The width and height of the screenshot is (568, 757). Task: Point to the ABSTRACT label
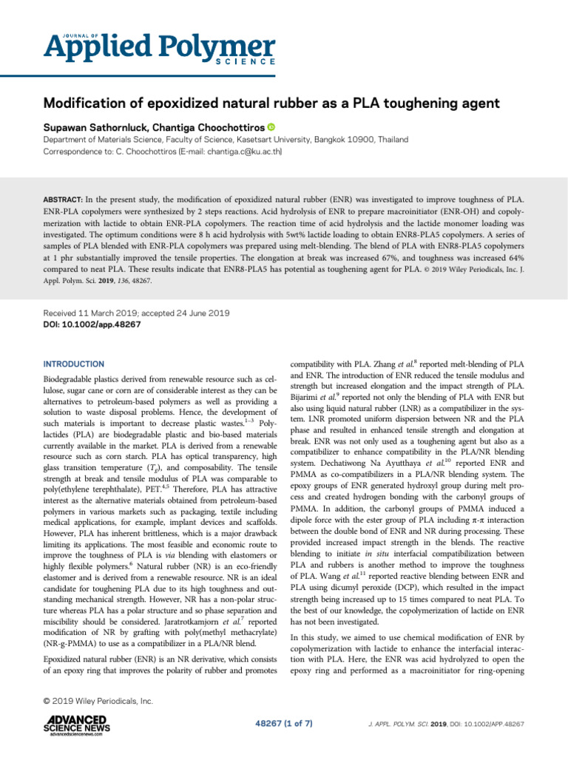point(61,200)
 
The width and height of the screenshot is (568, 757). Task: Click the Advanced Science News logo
point(75,725)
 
